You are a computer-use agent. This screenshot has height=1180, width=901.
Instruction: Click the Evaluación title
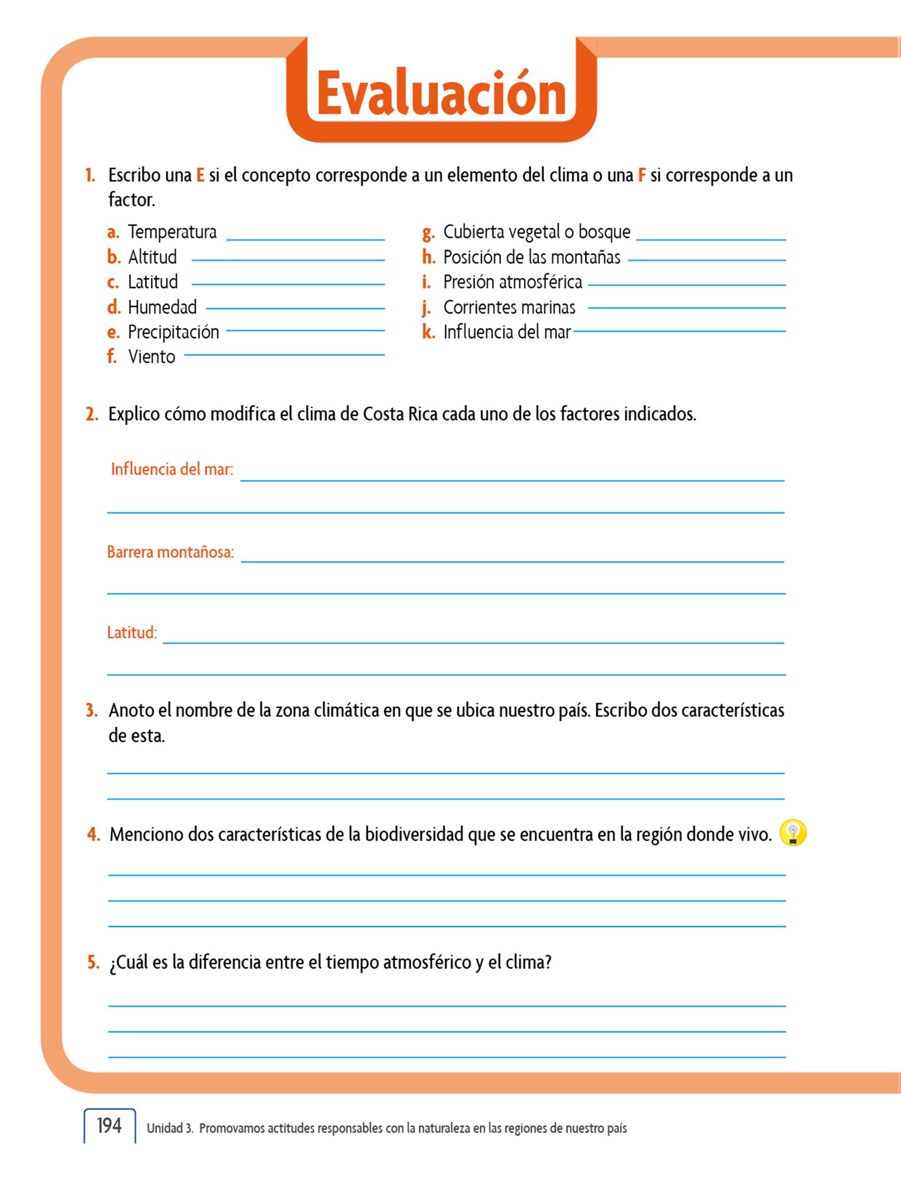(441, 94)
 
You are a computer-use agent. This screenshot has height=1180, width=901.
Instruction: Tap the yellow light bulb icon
(793, 833)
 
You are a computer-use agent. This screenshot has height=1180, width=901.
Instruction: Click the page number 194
(109, 1125)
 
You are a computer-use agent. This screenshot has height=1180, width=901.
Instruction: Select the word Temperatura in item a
(172, 232)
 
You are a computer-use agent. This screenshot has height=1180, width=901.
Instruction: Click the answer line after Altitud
(288, 260)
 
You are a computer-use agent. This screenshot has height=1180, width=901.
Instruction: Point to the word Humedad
(162, 307)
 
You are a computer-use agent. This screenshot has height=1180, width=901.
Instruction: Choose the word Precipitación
(173, 332)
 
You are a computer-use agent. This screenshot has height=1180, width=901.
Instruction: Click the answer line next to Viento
(284, 355)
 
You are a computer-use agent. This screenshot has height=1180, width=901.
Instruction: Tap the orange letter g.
(428, 233)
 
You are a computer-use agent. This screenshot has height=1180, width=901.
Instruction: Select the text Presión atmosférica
(513, 282)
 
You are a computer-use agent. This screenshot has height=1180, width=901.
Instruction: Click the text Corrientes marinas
(509, 308)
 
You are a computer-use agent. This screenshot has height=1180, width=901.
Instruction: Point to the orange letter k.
(428, 332)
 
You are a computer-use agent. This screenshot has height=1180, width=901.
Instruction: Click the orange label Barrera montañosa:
(171, 553)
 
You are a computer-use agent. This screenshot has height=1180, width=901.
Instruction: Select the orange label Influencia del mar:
(172, 470)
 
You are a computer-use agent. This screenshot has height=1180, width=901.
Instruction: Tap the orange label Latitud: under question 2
(132, 633)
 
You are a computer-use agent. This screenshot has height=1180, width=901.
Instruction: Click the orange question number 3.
(92, 710)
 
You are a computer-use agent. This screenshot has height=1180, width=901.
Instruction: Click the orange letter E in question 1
(200, 175)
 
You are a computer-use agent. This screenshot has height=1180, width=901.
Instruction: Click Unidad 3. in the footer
(170, 1128)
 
